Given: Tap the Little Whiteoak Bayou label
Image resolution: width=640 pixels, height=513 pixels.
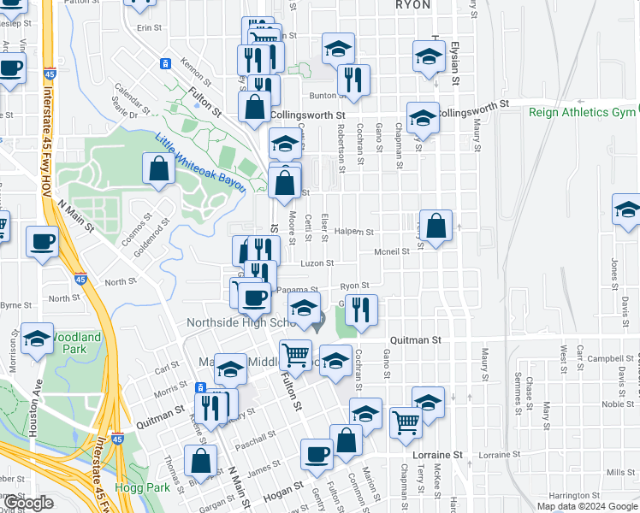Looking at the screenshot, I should [x=200, y=162].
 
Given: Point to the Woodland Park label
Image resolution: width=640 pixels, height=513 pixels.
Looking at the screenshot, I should [x=76, y=343].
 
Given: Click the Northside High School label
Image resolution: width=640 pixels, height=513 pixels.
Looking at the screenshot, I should [x=241, y=322].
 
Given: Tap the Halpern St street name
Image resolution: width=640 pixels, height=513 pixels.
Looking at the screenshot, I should [x=355, y=232].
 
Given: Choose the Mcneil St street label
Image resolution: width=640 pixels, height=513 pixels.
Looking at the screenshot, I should [x=392, y=251].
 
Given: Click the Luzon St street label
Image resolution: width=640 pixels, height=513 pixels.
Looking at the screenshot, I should [x=317, y=263].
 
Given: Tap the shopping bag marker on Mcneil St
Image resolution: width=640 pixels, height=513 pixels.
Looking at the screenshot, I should [x=436, y=227].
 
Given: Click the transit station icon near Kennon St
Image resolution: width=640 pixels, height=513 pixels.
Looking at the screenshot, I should [x=165, y=64].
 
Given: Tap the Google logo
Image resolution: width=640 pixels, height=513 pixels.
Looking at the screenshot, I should [x=27, y=504].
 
